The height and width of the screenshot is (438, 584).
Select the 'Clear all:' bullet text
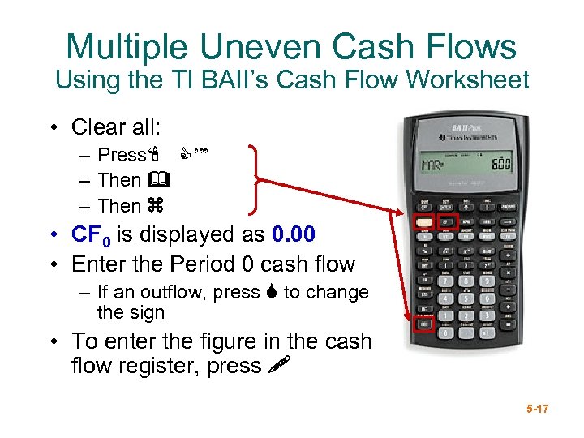pyautogui.click(x=116, y=127)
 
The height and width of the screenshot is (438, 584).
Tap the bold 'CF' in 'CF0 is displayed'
pyautogui.click(x=87, y=235)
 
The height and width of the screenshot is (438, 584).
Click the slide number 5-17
pyautogui.click(x=536, y=410)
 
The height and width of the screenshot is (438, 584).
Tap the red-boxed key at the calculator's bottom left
pyautogui.click(x=423, y=325)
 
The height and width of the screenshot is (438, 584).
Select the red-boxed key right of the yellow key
pyautogui.click(x=447, y=220)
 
